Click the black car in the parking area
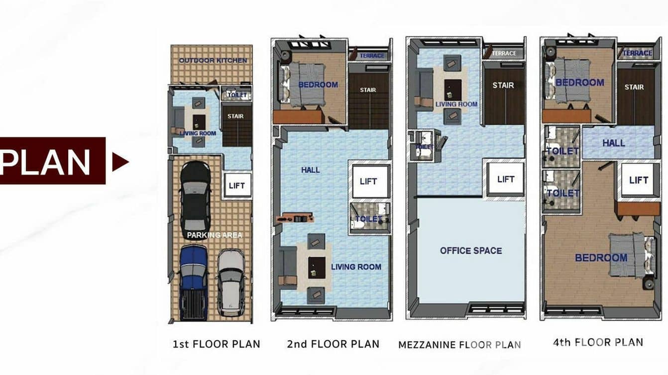coord(195,199)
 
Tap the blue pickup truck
coord(193,281)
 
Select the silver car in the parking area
coord(231,282)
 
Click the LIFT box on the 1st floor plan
coord(237,186)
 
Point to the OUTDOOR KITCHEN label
coord(213,61)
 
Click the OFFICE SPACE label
coord(470,251)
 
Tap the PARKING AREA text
coord(215,235)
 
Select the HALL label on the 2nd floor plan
coord(310,170)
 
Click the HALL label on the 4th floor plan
coord(613,143)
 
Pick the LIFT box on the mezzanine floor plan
coord(506,179)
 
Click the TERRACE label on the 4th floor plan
coord(637,53)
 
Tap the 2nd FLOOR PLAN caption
coord(333,344)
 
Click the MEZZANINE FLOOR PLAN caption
coord(459,344)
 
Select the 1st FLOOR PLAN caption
coord(216,344)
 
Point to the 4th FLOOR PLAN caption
coord(597,342)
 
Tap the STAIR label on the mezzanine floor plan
coord(503,85)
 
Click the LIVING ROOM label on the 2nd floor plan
coord(356,267)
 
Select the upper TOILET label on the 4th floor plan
coord(562,151)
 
